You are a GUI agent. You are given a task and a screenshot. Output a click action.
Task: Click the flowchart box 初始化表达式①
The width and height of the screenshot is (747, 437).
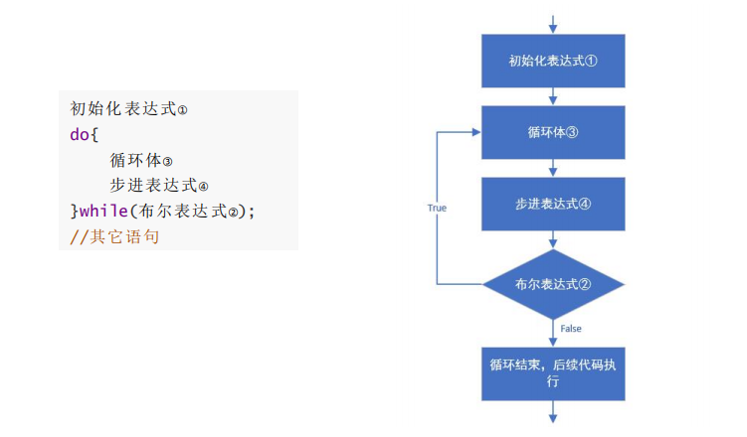point(553,61)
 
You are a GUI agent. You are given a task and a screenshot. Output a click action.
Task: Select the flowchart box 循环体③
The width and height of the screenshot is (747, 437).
point(553,132)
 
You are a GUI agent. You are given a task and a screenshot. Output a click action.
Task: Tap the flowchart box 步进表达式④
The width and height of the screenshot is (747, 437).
point(553,204)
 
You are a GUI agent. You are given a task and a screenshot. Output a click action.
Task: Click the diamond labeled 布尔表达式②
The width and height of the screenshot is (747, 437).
point(553,284)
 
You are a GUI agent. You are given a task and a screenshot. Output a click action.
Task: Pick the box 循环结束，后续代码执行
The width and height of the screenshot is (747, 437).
point(553,373)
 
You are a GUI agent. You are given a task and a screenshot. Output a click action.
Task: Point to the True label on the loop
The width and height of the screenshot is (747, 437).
point(437,208)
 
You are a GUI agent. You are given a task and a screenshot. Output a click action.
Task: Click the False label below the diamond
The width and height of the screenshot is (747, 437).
point(571,329)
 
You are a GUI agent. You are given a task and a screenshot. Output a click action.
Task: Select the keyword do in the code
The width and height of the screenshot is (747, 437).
point(80,134)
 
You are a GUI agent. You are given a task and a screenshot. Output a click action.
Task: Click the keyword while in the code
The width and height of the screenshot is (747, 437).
point(103,211)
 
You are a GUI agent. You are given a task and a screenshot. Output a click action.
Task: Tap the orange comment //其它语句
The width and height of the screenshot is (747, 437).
point(114,236)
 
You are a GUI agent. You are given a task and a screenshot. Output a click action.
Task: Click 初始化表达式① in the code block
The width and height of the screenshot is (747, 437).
point(128,109)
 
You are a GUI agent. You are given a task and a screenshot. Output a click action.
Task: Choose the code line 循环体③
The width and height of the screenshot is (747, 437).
point(141,160)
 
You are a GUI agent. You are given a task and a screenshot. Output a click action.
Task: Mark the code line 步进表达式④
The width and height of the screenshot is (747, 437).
point(159,186)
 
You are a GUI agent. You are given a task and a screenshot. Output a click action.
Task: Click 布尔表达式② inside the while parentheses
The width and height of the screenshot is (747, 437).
point(188,212)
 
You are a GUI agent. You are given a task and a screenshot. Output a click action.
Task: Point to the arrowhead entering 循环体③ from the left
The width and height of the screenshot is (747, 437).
point(476,132)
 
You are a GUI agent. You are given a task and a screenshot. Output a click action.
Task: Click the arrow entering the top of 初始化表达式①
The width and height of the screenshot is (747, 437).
point(553,24)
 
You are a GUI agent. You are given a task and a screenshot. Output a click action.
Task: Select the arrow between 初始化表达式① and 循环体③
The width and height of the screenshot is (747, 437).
point(553,96)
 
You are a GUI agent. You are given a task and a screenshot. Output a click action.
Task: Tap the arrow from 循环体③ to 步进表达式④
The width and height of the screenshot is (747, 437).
point(553,168)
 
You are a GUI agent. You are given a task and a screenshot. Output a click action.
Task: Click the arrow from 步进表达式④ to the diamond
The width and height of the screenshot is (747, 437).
point(553,239)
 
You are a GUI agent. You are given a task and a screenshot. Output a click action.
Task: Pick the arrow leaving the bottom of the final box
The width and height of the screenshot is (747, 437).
point(553,412)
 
